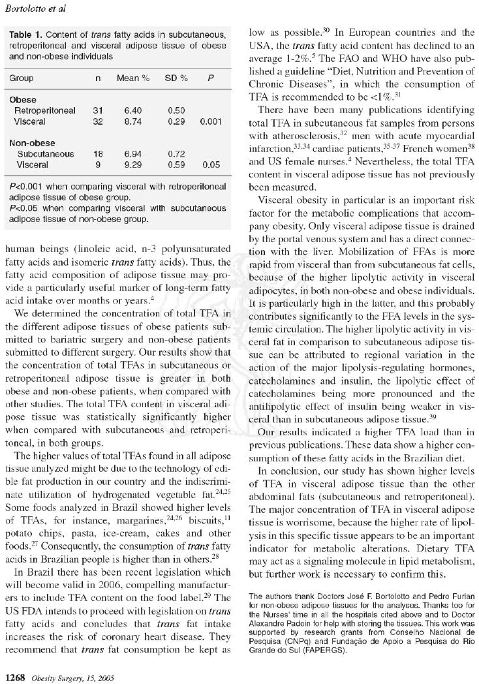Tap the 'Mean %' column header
(x=133, y=78)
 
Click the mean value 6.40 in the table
(x=133, y=111)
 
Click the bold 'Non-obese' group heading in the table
(x=32, y=143)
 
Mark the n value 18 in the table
(x=98, y=154)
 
